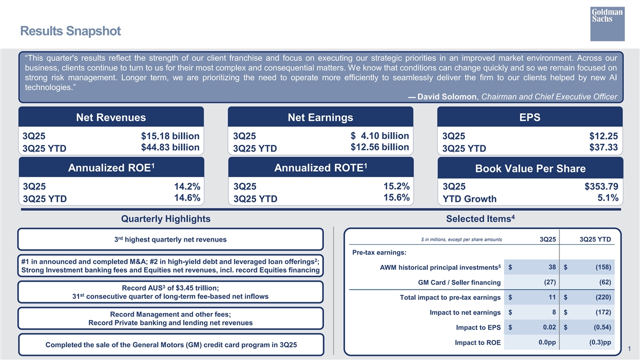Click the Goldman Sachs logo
pyautogui.click(x=607, y=23)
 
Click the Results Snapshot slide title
pyautogui.click(x=70, y=31)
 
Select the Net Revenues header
pyautogui.click(x=111, y=117)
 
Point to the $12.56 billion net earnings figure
pyautogui.click(x=380, y=147)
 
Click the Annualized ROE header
pyautogui.click(x=111, y=168)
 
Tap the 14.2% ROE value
pyautogui.click(x=187, y=187)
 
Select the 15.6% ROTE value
pyautogui.click(x=396, y=198)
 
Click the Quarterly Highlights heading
pyautogui.click(x=166, y=219)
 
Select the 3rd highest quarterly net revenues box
pyautogui.click(x=170, y=239)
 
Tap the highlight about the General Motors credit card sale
pyautogui.click(x=170, y=345)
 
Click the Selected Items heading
pyautogui.click(x=479, y=219)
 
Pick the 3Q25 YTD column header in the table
pyautogui.click(x=595, y=239)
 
